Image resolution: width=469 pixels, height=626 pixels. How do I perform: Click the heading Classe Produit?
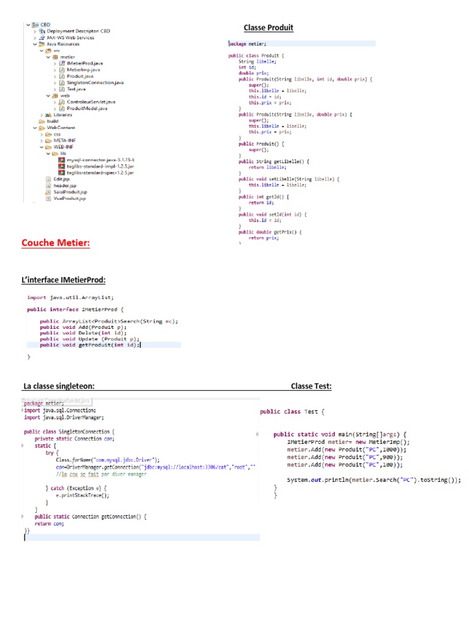[x=268, y=28]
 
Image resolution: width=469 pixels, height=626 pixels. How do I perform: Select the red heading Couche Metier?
[x=56, y=243]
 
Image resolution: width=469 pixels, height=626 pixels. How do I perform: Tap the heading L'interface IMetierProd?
[x=64, y=280]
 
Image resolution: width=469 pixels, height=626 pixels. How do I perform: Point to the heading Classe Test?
[x=311, y=386]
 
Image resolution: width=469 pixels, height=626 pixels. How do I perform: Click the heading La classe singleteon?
[x=59, y=386]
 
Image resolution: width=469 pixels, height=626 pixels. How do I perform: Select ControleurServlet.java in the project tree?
[x=91, y=101]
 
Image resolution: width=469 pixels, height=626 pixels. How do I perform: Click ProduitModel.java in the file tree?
[x=87, y=108]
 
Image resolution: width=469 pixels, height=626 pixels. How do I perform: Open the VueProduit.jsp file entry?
[x=70, y=198]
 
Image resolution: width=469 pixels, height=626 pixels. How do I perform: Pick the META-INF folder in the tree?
[x=65, y=140]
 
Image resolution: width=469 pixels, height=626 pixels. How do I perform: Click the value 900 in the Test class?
[x=388, y=457]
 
